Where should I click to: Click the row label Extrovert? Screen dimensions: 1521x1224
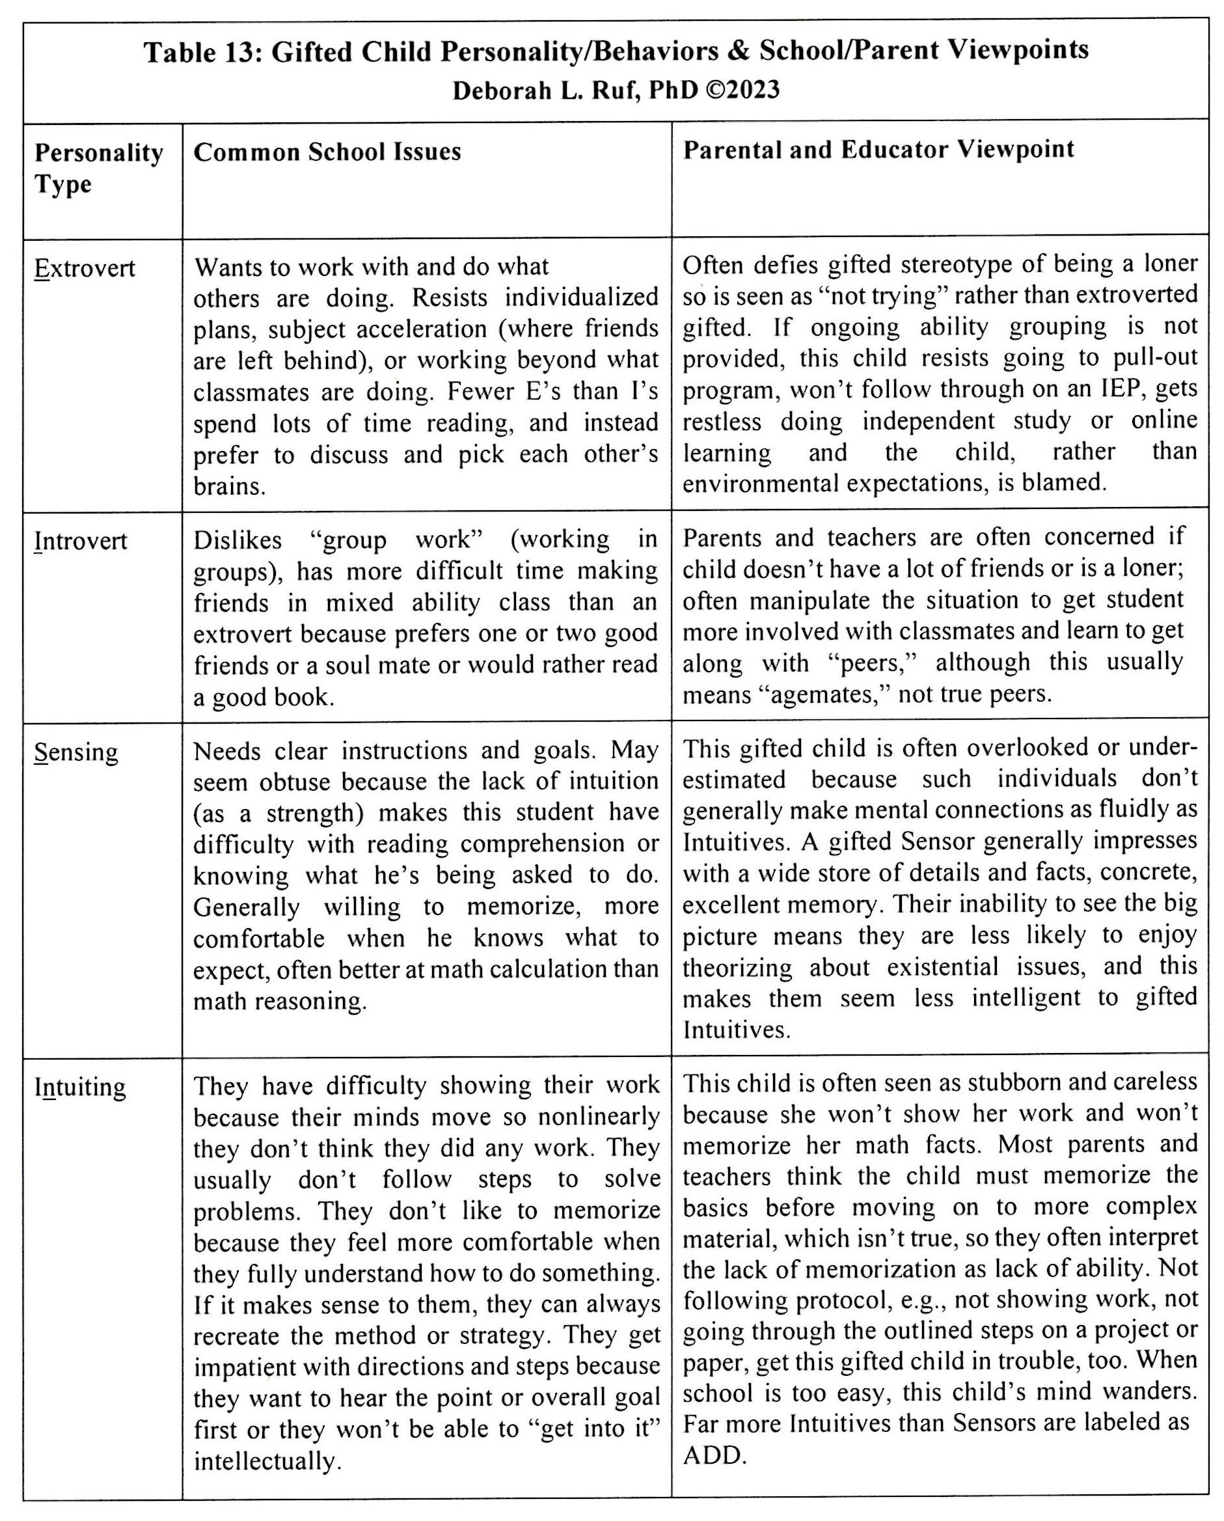click(85, 269)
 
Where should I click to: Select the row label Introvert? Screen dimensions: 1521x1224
click(81, 541)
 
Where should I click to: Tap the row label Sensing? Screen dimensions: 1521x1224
click(75, 752)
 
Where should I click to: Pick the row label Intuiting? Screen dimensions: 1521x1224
click(80, 1087)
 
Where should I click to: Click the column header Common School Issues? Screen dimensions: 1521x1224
click(327, 152)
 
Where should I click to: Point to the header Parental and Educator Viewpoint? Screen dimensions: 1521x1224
click(878, 150)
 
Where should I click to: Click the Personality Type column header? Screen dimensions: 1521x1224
click(98, 168)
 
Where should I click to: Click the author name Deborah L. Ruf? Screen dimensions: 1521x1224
click(546, 90)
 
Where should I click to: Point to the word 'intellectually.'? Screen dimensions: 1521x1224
click(267, 1460)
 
